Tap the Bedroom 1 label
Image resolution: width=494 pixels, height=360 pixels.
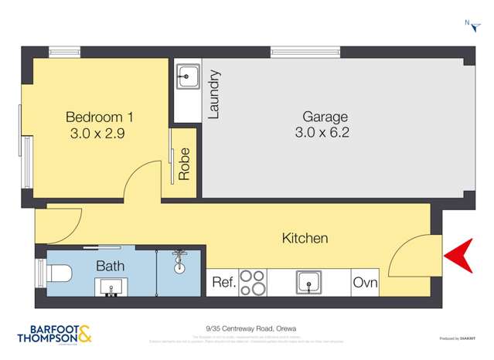100,117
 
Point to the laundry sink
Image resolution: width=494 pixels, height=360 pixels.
187,76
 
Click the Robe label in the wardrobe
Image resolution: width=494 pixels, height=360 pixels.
184,164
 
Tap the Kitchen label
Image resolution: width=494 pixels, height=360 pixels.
305,239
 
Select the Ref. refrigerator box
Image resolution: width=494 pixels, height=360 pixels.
223,283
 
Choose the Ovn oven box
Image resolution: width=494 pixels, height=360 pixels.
366,283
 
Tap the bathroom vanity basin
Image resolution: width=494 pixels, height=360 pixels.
110,287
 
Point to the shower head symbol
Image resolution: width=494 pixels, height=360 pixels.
181,256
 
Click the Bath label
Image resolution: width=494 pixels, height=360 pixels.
107,266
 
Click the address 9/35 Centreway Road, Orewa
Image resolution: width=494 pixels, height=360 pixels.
247,328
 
